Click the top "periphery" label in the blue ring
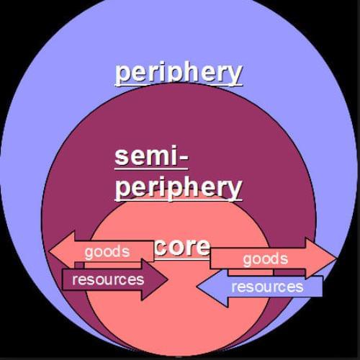(x=179, y=73)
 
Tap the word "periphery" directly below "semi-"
(x=179, y=188)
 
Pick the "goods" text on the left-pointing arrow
(x=107, y=253)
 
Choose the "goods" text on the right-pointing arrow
(x=266, y=260)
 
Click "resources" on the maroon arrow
(x=108, y=280)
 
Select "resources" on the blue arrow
(x=267, y=287)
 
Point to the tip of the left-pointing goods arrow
(x=49, y=252)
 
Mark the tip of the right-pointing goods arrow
(x=337, y=259)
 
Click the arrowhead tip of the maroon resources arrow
(x=168, y=279)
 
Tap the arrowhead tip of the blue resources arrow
(x=197, y=287)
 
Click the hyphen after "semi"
(x=184, y=158)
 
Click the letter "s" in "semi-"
(x=121, y=158)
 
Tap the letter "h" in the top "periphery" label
(x=192, y=72)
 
